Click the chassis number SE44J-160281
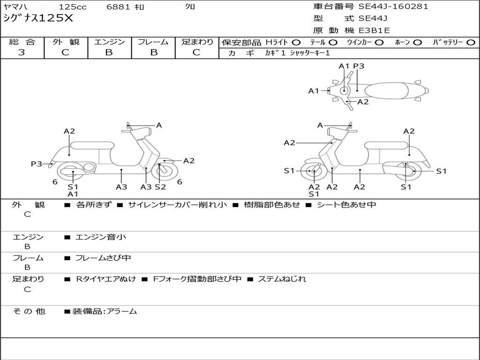[x=393, y=7]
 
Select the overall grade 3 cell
[x=22, y=52]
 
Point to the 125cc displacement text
[x=73, y=7]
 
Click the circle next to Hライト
[x=296, y=42]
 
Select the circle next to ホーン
[x=418, y=42]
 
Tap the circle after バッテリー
[x=471, y=42]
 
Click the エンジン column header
[x=109, y=42]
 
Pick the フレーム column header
[x=153, y=42]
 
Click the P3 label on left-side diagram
[x=37, y=164]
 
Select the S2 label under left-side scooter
[x=160, y=187]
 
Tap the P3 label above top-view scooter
[x=359, y=66]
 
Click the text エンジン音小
[x=101, y=237]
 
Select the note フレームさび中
[x=103, y=258]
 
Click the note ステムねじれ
[x=282, y=279]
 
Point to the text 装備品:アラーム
[x=104, y=311]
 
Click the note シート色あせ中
[x=346, y=205]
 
